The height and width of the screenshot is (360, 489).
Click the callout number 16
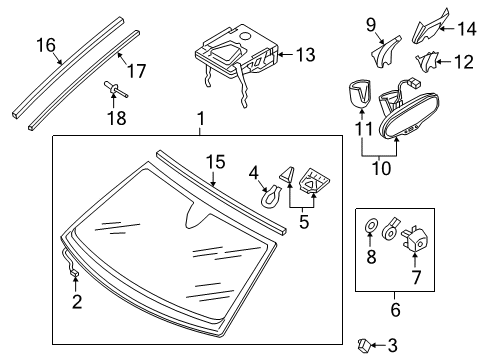[x=46, y=45]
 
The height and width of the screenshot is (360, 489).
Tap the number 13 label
[x=305, y=55]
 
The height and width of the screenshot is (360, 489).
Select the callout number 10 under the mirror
[x=381, y=168]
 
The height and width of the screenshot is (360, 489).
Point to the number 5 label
[x=304, y=222]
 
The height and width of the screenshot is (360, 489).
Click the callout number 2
[x=77, y=301]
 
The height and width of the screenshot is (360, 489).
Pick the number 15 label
[x=216, y=162]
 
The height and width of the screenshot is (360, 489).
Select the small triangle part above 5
[x=288, y=175]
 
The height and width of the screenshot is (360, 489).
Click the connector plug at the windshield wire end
[x=75, y=273]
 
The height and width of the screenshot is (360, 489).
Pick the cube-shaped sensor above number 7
[x=416, y=239]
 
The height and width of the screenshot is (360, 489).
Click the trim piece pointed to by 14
[x=430, y=27]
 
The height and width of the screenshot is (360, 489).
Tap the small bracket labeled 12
[x=426, y=61]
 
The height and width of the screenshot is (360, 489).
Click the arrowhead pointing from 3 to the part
[x=372, y=346]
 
